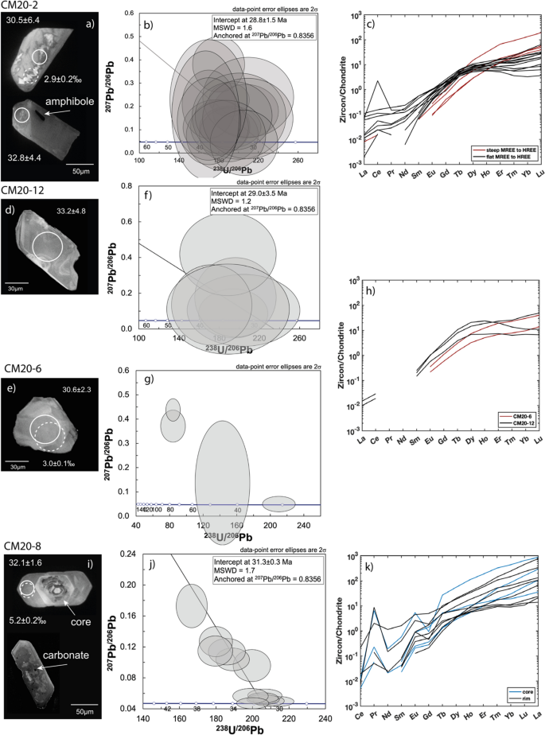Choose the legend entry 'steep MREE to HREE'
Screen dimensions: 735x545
point(509,149)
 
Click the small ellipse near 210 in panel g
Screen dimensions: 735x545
point(279,503)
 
